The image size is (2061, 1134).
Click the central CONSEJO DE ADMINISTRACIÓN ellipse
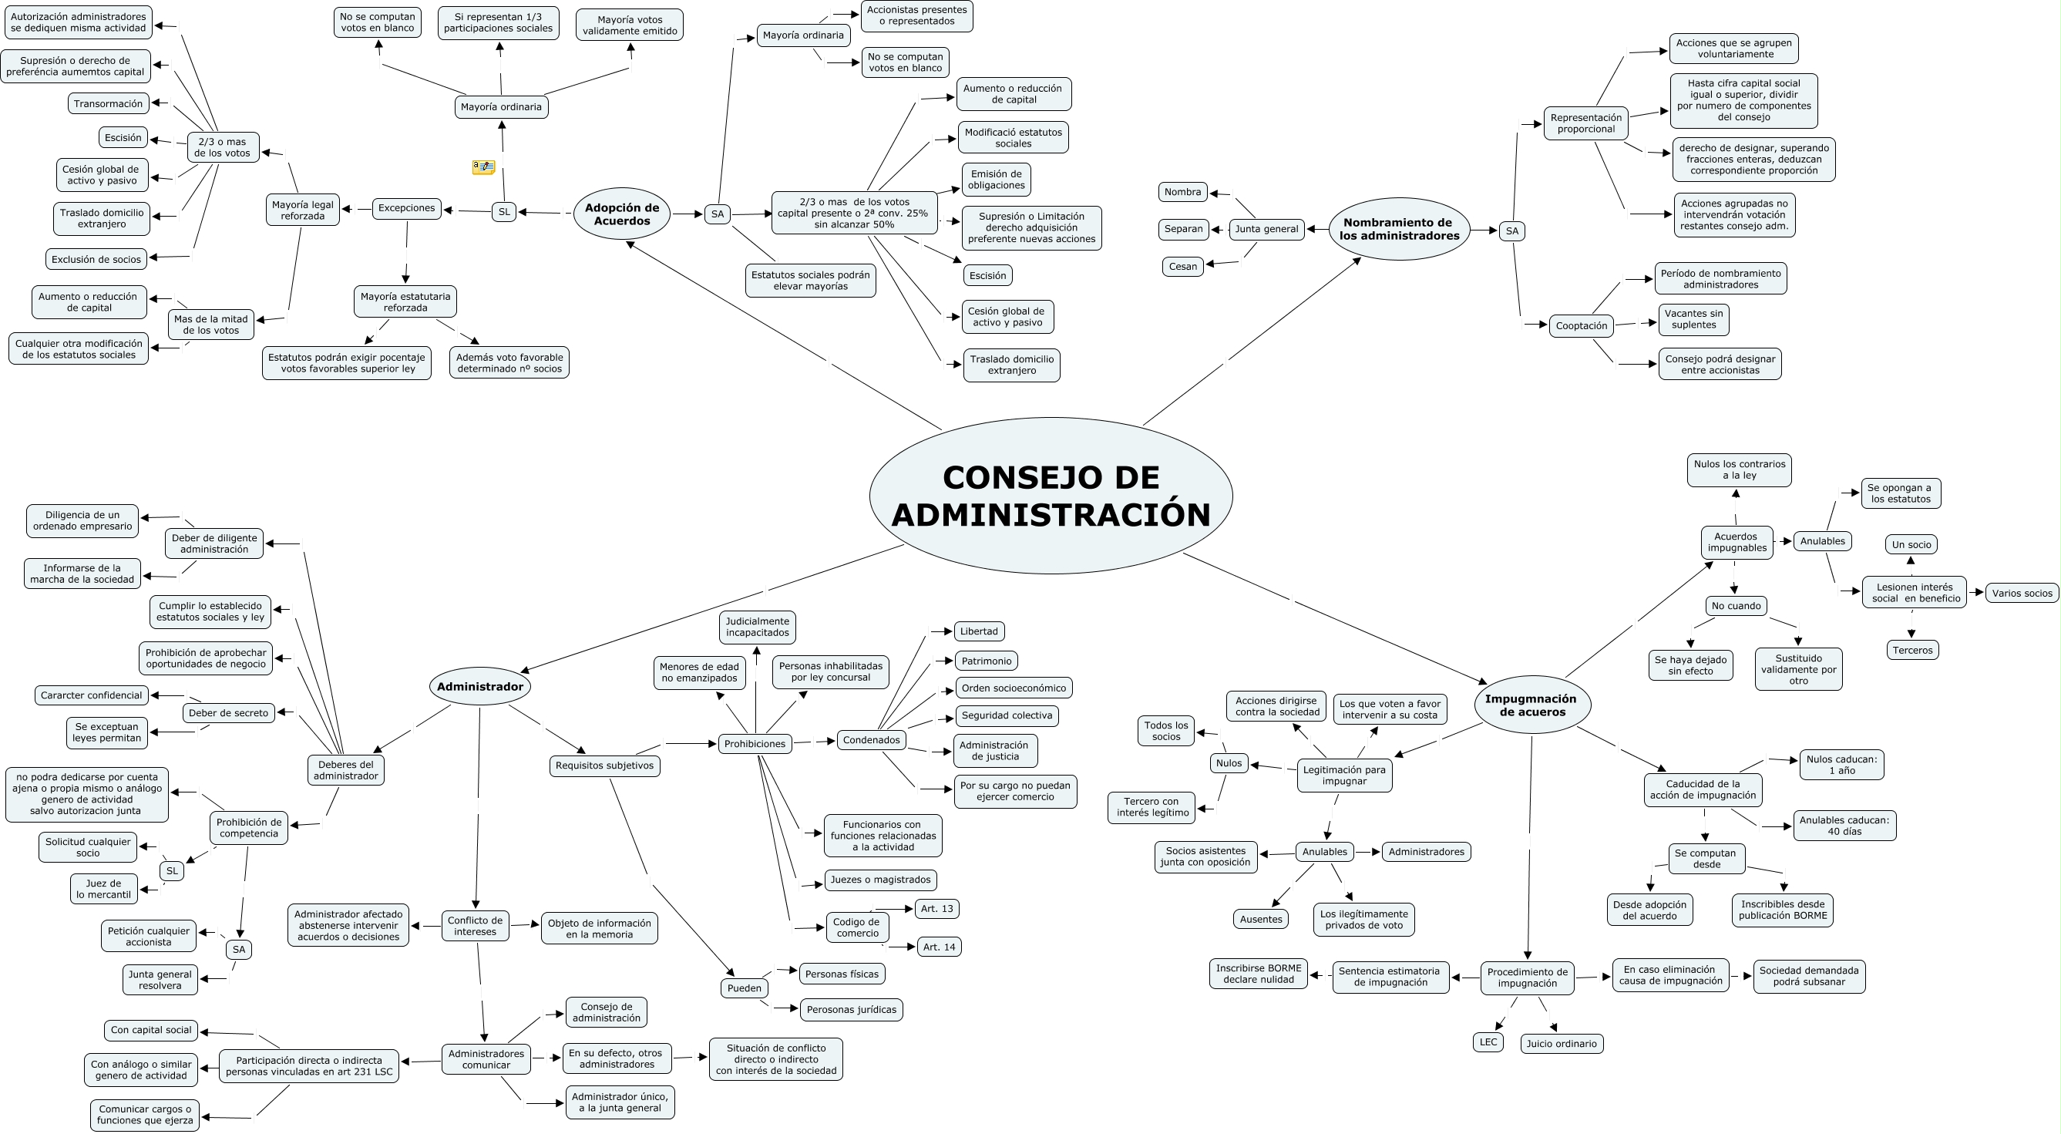click(1051, 496)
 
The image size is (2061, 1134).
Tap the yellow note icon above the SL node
click(483, 167)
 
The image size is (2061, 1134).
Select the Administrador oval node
click(480, 686)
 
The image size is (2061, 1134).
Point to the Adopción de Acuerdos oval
click(622, 214)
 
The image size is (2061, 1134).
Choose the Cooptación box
click(1581, 326)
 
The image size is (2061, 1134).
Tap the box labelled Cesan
click(1182, 267)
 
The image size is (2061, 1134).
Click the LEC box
click(1488, 1042)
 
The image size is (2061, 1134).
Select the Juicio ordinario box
click(1561, 1044)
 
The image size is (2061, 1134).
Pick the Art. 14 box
click(939, 947)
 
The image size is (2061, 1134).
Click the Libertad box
click(979, 631)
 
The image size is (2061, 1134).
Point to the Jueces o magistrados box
click(880, 880)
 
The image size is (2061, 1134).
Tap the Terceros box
click(1912, 650)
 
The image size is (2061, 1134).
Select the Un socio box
click(1911, 544)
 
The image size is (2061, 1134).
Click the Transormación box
click(108, 103)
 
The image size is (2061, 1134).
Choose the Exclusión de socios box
click(96, 258)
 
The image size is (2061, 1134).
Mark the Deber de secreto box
click(228, 713)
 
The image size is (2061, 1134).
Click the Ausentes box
click(1261, 919)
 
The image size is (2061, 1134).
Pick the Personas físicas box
click(842, 974)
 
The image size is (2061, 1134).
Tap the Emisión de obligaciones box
click(996, 180)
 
